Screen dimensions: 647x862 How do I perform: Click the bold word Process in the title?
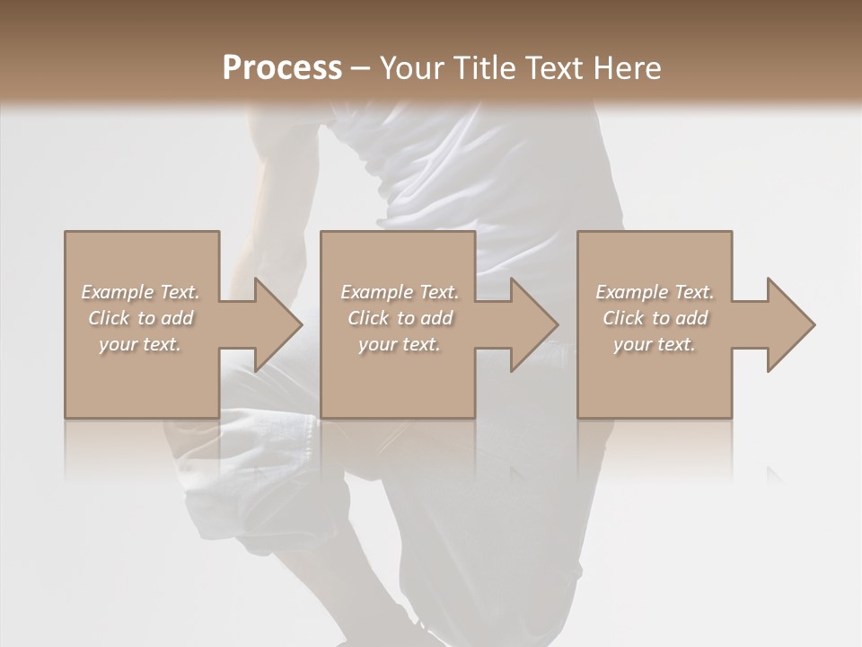click(x=282, y=67)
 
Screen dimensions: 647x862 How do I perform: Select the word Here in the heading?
click(x=627, y=67)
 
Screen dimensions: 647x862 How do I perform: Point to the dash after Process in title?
click(x=360, y=68)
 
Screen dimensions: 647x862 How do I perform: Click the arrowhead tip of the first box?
click(x=301, y=324)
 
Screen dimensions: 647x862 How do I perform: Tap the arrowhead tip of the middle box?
click(x=557, y=324)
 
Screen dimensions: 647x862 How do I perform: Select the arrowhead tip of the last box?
click(x=814, y=324)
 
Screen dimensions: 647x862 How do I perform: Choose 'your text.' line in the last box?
click(x=654, y=344)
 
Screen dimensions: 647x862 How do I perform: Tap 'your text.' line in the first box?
click(x=140, y=344)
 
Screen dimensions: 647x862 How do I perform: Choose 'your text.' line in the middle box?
click(x=399, y=344)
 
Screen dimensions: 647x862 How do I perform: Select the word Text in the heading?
click(x=558, y=67)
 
